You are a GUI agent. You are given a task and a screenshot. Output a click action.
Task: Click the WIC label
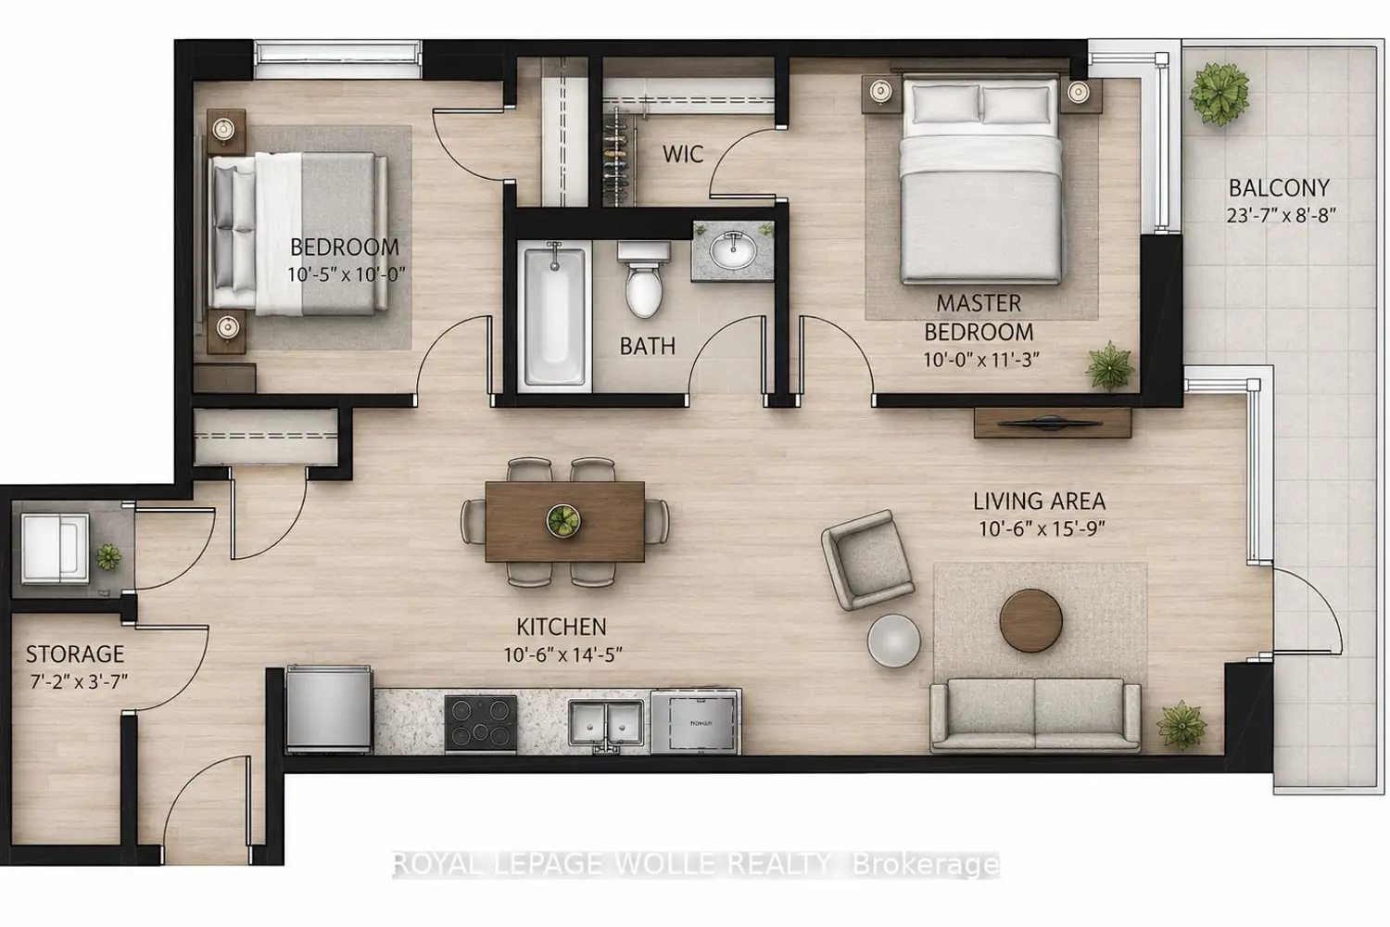pos(683,154)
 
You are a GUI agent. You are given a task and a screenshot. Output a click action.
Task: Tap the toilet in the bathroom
pos(643,279)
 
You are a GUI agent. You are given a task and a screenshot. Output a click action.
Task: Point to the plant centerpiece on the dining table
pos(563,520)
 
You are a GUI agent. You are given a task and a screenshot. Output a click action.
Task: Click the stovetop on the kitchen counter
pos(480,723)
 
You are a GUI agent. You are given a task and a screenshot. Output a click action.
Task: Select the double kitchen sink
pos(606,723)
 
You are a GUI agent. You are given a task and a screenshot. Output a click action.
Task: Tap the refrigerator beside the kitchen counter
pos(329,710)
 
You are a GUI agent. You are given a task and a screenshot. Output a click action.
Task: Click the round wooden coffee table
pos(1030,621)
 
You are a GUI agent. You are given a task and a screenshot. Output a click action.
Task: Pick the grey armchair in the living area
pos(866,560)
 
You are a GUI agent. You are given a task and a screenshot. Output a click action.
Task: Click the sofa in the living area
pos(1035,715)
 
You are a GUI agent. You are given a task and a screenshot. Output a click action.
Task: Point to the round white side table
pos(893,641)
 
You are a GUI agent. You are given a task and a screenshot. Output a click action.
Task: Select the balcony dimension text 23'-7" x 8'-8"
pos(1280,215)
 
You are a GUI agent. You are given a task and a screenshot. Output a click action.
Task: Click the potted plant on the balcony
pos(1219,94)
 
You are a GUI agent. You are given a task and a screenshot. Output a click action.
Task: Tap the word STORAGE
pos(75,654)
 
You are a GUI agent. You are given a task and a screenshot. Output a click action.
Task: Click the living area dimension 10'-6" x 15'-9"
pos(1042,529)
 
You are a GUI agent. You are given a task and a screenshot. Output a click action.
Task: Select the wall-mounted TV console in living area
pos(1053,423)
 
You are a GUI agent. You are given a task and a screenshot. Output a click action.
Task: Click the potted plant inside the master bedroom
pos(1110,366)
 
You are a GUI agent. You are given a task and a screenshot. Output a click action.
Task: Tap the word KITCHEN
pos(561,627)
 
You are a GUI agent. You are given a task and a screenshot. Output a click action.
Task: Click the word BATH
pos(647,347)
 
